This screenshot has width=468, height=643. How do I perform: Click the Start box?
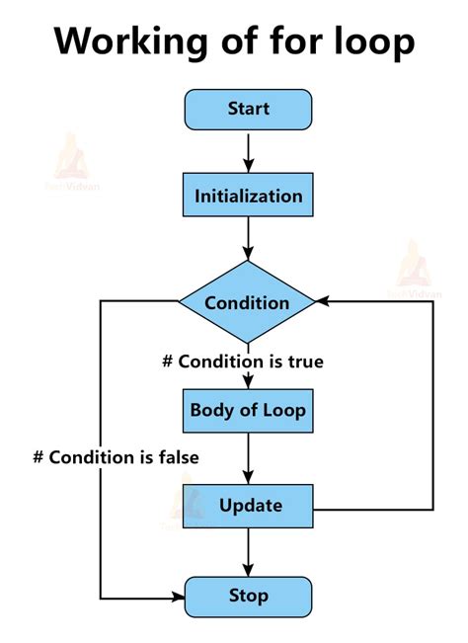tap(248, 110)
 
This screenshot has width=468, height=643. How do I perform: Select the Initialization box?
tap(248, 196)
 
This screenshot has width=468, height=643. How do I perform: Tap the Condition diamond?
tap(247, 302)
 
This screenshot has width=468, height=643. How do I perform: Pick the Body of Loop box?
tap(248, 410)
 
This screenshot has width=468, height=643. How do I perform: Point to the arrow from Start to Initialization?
tap(248, 151)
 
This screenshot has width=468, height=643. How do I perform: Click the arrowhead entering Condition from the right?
tap(323, 301)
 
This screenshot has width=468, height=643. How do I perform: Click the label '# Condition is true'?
tap(243, 362)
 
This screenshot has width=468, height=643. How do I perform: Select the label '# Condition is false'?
tap(116, 457)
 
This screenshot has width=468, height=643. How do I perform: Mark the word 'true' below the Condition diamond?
tap(306, 362)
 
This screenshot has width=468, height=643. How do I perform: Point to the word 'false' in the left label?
tap(178, 457)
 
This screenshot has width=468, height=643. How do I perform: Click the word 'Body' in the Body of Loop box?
tap(211, 410)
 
